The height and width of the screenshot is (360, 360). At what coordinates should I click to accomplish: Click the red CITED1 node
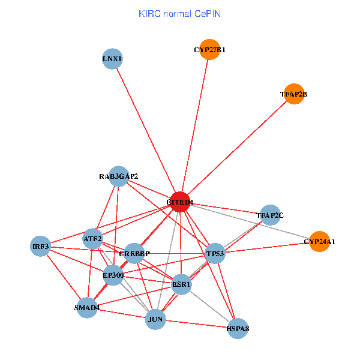click(x=180, y=202)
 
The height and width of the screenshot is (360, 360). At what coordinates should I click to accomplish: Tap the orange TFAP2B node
click(x=293, y=94)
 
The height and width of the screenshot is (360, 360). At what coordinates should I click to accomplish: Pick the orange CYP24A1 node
click(x=319, y=242)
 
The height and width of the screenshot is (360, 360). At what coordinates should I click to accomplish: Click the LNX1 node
click(x=112, y=59)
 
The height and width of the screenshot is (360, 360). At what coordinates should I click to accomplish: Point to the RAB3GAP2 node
click(x=119, y=176)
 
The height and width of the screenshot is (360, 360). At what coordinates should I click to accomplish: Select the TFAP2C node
click(x=270, y=215)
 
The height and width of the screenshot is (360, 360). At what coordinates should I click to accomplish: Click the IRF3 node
click(x=40, y=246)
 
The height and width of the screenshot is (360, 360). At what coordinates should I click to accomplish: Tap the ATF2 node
click(x=93, y=238)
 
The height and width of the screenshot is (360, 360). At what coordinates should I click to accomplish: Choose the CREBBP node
click(x=135, y=254)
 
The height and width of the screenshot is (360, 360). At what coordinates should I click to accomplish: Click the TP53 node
click(x=215, y=254)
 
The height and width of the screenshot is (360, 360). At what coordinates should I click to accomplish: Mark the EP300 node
click(x=113, y=275)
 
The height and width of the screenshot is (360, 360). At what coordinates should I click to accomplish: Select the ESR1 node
click(x=181, y=284)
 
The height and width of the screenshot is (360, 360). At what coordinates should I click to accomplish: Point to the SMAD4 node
click(x=87, y=308)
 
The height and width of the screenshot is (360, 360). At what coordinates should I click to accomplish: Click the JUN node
click(x=156, y=319)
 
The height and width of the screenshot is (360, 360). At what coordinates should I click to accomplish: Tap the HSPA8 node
click(x=238, y=328)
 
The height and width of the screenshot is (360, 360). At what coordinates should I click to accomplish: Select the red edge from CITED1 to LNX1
click(x=146, y=131)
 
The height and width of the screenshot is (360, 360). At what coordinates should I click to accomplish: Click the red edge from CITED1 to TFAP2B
click(x=237, y=148)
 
